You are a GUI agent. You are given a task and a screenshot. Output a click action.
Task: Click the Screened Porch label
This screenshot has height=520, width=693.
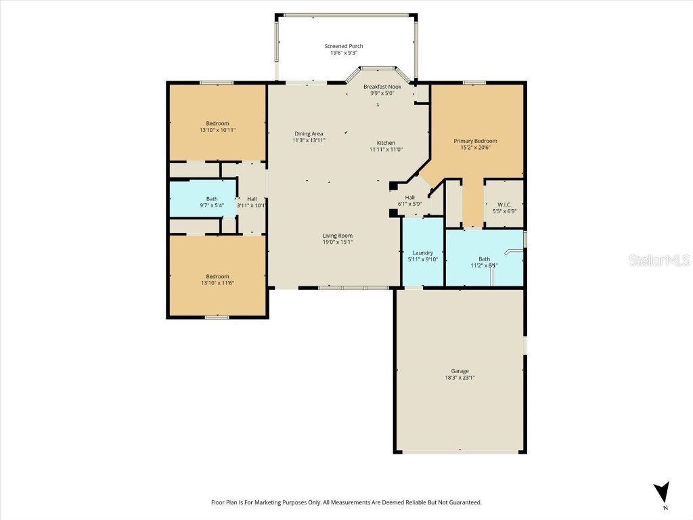click(344, 46)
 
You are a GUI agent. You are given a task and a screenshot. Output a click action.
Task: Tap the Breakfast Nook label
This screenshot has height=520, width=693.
click(382, 87)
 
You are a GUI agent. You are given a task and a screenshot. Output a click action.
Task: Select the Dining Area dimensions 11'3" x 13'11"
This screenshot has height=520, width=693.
click(309, 140)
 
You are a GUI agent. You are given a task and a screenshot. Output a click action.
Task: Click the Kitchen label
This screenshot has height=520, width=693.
click(386, 143)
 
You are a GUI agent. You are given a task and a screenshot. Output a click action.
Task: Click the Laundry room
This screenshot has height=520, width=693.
click(422, 256)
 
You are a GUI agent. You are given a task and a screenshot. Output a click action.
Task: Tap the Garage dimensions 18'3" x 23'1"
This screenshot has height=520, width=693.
click(460, 378)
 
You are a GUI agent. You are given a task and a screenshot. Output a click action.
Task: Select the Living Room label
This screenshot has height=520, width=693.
click(337, 236)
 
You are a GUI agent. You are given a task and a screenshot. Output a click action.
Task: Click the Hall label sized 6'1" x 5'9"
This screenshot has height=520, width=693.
click(409, 197)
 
